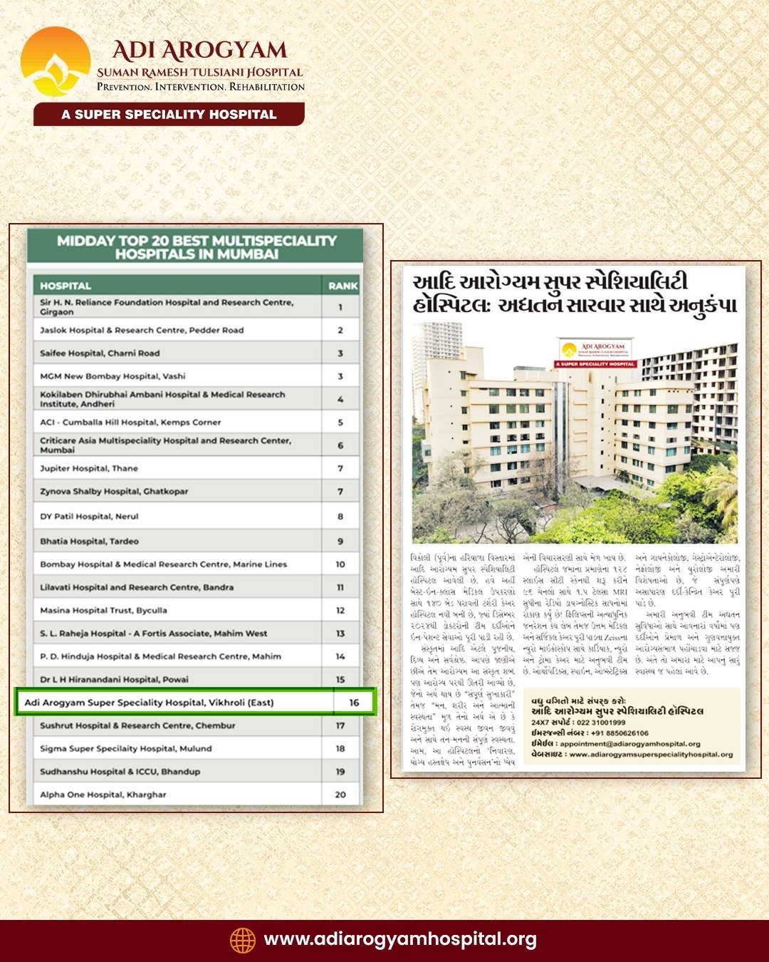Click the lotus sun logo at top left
click(56, 62)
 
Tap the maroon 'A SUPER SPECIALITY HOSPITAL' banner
click(169, 114)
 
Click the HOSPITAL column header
click(66, 286)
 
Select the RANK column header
click(342, 286)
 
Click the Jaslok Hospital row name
click(142, 330)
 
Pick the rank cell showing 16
click(354, 703)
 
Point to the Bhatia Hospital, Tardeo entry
click(90, 541)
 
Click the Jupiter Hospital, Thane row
click(89, 468)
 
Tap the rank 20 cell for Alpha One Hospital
click(340, 795)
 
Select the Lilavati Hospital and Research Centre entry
click(137, 587)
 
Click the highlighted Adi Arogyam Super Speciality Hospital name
click(150, 703)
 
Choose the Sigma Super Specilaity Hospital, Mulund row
click(126, 748)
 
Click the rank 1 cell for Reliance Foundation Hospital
click(340, 307)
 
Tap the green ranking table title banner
click(196, 247)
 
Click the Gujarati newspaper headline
click(574, 294)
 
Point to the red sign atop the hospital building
click(595, 353)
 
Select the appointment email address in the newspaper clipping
click(630, 744)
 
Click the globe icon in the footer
click(242, 940)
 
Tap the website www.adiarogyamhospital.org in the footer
click(400, 940)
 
